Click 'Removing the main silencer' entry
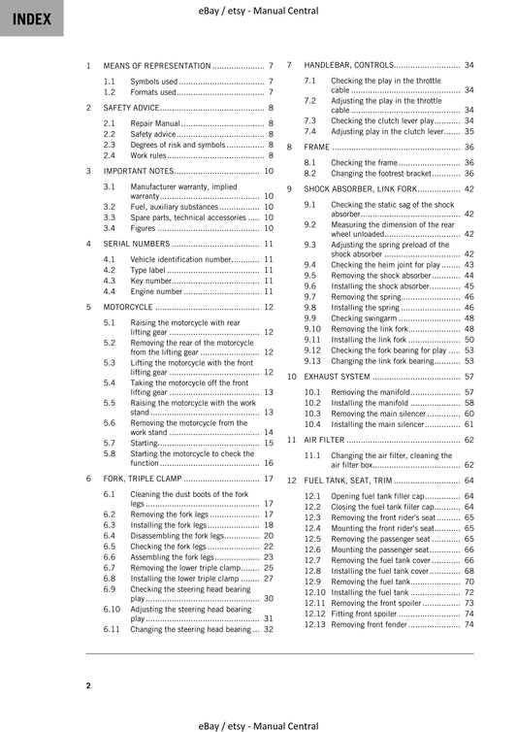click(x=378, y=413)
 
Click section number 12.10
click(x=313, y=591)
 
